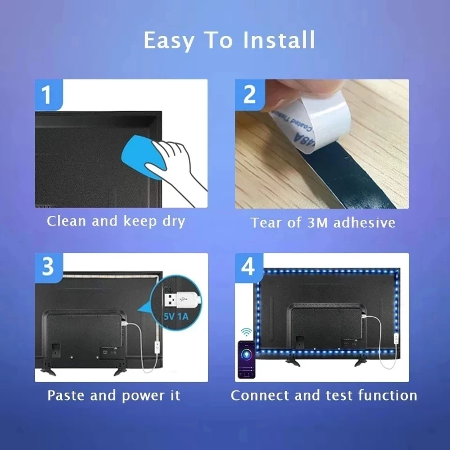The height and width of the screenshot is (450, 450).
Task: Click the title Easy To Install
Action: [229, 40]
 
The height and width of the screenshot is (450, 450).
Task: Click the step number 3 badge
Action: [47, 267]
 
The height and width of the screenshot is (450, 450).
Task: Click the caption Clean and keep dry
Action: [116, 221]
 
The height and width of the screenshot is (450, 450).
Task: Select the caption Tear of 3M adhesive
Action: [323, 223]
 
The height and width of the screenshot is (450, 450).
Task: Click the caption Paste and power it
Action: [114, 395]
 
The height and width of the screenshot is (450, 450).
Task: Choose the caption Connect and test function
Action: [324, 395]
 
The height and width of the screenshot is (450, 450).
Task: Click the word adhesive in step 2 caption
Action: [364, 223]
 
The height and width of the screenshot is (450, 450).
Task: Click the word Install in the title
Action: [279, 40]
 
